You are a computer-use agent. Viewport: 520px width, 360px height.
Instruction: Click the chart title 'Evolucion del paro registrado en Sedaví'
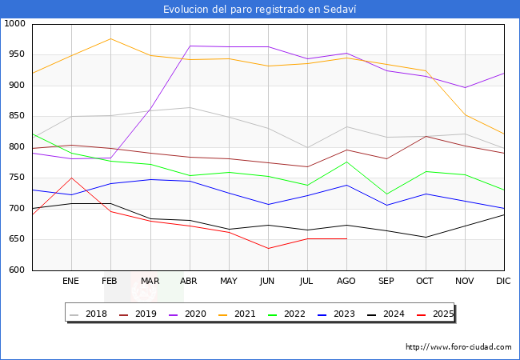tap(260, 9)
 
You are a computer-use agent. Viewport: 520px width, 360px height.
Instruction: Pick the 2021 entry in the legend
tap(244, 314)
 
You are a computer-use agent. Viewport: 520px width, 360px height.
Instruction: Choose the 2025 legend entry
tap(442, 314)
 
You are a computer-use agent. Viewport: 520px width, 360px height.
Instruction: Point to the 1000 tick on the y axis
tap(14, 24)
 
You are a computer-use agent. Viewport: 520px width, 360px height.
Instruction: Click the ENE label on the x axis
tap(71, 282)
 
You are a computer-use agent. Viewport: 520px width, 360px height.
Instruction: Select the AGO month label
tap(346, 282)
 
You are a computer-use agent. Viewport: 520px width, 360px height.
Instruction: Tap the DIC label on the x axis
tap(503, 282)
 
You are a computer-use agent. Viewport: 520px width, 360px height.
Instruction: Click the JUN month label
tap(268, 282)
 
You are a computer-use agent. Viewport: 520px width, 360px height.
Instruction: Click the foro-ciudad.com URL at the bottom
tap(458, 347)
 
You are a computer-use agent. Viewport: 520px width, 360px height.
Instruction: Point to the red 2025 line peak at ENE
tap(71, 178)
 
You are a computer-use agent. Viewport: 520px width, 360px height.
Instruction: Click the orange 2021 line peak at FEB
tap(110, 38)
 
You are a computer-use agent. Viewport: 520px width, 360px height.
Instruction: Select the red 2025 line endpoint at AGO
tap(346, 238)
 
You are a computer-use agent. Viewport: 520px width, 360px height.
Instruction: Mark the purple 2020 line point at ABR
tap(190, 46)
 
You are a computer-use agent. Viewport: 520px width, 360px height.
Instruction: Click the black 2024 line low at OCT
tap(425, 237)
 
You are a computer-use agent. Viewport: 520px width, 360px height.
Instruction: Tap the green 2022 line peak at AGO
tap(346, 162)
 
